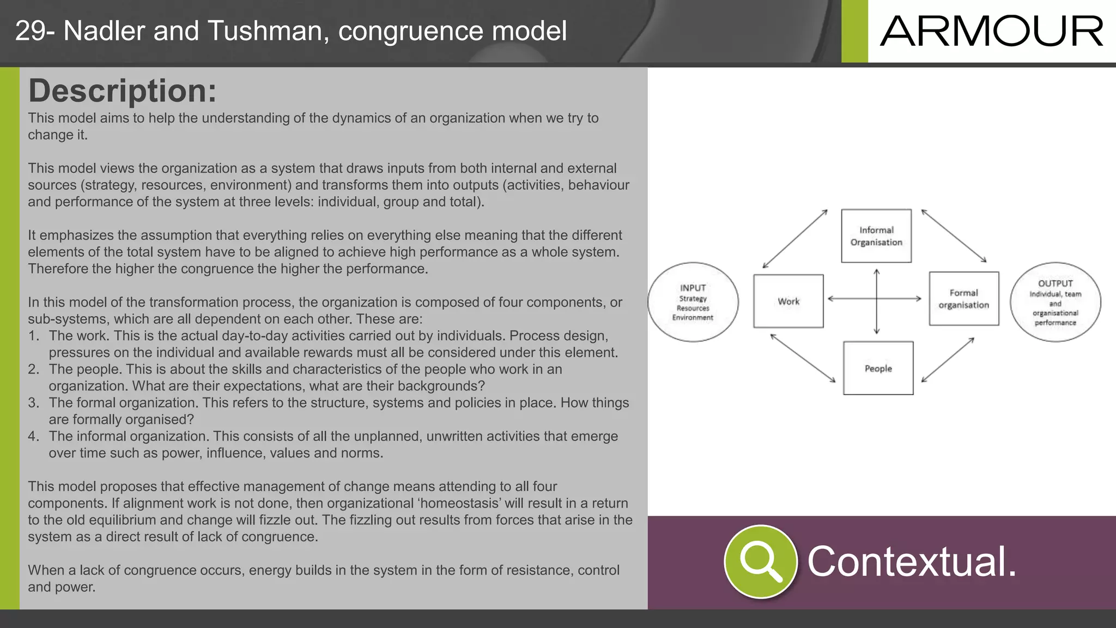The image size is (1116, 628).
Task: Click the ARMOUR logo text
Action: click(991, 32)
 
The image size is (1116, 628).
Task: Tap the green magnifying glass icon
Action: click(760, 561)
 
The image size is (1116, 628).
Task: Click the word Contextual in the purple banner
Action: click(911, 561)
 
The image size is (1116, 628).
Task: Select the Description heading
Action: click(122, 90)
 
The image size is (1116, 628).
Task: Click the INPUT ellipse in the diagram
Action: click(693, 302)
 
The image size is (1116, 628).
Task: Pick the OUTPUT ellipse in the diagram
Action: click(1055, 302)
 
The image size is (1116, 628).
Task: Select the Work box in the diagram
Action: click(788, 301)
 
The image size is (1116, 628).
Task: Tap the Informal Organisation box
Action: click(876, 236)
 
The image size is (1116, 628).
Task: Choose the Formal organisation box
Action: click(963, 299)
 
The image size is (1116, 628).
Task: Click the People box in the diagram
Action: click(878, 369)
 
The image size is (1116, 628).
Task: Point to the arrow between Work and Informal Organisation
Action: click(795, 239)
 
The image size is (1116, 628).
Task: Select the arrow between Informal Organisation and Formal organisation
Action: click(954, 236)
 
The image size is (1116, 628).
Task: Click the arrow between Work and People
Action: click(803, 358)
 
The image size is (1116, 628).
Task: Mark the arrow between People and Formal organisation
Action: click(948, 360)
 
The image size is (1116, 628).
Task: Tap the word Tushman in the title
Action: click(269, 31)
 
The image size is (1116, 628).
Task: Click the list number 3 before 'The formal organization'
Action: click(33, 403)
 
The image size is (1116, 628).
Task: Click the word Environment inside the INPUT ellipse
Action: click(692, 318)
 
